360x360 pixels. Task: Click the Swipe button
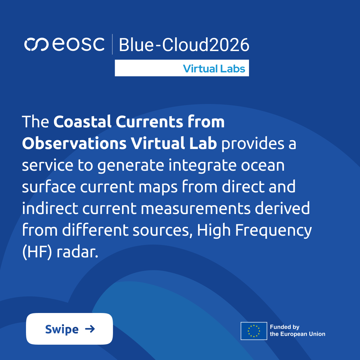coord(69,329)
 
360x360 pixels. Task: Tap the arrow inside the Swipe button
coord(90,329)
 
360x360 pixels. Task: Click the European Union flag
coord(254,331)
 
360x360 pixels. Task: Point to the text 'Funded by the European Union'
coord(297,331)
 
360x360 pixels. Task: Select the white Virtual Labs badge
coord(182,68)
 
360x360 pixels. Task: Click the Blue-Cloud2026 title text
coord(184,45)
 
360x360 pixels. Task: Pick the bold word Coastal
coord(82,122)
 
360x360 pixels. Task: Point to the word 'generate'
coord(131,166)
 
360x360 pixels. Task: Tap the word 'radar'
coord(78,252)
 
